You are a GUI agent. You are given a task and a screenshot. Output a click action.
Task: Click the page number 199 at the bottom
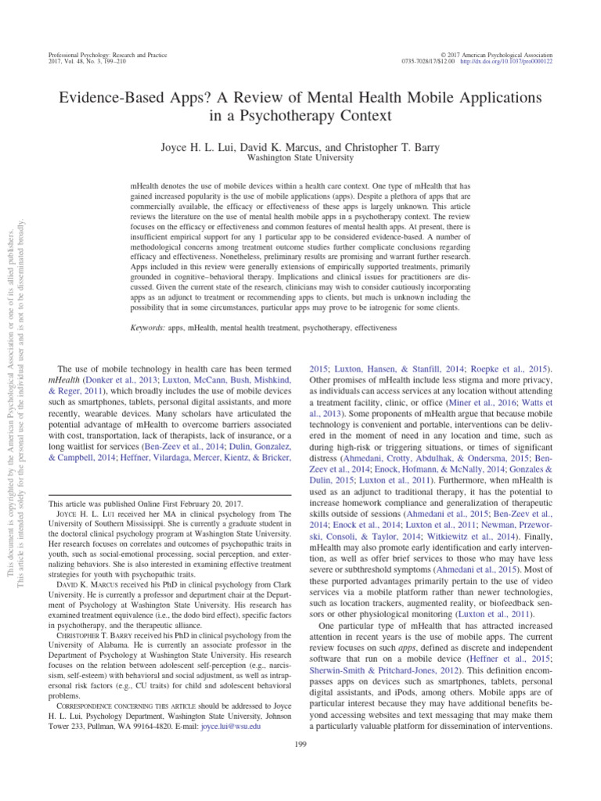tap(301, 744)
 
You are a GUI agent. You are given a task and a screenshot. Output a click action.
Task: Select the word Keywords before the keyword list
tap(147, 328)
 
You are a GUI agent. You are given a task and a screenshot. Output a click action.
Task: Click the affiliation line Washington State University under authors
tap(301, 156)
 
